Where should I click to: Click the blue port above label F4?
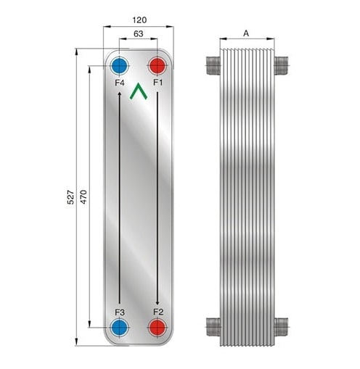pyautogui.click(x=119, y=65)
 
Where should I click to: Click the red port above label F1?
pyautogui.click(x=157, y=65)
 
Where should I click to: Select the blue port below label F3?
pyautogui.click(x=119, y=328)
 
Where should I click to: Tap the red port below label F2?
pyautogui.click(x=157, y=328)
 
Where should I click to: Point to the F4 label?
pyautogui.click(x=120, y=83)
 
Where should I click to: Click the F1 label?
pyautogui.click(x=158, y=83)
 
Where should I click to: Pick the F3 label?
pyautogui.click(x=120, y=312)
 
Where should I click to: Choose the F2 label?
pyautogui.click(x=158, y=312)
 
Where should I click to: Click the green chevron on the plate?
pyautogui.click(x=138, y=91)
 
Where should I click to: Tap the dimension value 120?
pyautogui.click(x=139, y=20)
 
